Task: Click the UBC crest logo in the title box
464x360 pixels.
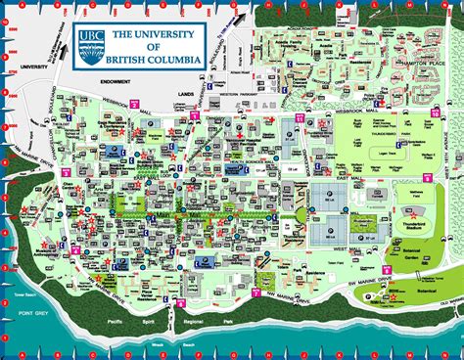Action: tap(90, 42)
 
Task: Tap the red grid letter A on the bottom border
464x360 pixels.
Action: tap(21, 353)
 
